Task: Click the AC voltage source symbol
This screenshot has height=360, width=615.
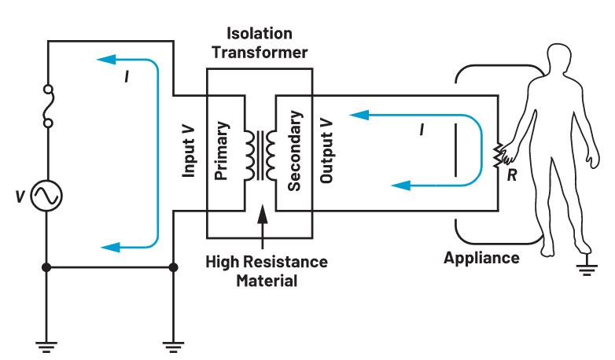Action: click(x=46, y=197)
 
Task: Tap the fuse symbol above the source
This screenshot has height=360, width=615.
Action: click(x=46, y=108)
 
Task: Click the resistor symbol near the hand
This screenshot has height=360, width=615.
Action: click(x=497, y=156)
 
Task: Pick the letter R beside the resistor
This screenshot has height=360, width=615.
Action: click(x=511, y=178)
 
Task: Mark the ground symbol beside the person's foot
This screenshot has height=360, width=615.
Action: click(x=584, y=270)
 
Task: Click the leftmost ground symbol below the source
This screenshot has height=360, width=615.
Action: click(x=46, y=343)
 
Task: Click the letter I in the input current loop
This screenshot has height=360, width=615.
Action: click(x=125, y=79)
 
